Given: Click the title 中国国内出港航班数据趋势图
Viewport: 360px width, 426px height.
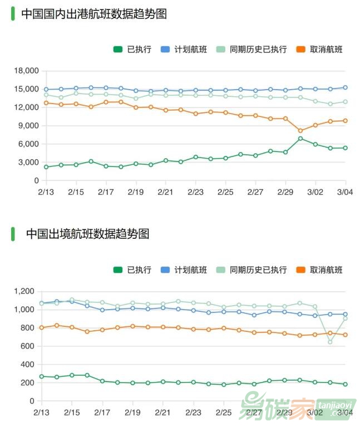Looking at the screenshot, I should coord(94,14).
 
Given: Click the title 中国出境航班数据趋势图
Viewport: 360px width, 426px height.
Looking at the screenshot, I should coord(87,234).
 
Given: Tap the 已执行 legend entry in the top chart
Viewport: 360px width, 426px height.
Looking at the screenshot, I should coord(132,49).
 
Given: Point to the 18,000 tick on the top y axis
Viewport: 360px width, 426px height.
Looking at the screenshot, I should coord(27,71).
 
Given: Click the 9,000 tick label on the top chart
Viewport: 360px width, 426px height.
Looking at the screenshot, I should coord(29,126).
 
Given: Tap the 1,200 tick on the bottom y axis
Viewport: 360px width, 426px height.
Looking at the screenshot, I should coord(24,291).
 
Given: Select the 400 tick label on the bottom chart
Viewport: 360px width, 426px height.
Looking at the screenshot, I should coord(28,364).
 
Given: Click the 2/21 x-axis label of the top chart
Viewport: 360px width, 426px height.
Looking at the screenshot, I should coord(166,192).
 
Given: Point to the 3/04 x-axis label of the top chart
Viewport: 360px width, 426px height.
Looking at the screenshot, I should coord(345,192).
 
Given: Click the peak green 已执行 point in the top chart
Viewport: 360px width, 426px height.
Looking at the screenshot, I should coord(300,139).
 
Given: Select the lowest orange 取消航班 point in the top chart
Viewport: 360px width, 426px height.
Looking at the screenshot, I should coord(300,131).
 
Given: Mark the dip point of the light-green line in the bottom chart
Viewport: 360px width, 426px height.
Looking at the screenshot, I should coord(330,342).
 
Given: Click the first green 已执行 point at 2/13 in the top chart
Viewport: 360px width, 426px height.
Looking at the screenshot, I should coord(46,167).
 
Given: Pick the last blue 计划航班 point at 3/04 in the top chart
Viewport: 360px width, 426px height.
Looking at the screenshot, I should coord(345,87).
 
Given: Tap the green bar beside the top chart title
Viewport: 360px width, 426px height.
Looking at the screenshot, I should coord(13,14).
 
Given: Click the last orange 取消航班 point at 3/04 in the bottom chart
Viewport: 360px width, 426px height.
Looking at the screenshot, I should coord(345,335).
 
